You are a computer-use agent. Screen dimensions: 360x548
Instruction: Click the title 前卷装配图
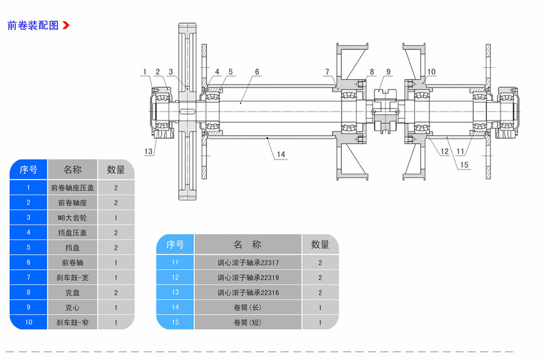[33, 26]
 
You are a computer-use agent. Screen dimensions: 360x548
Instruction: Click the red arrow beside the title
[66, 26]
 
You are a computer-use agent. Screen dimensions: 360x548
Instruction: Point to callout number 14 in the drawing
[281, 154]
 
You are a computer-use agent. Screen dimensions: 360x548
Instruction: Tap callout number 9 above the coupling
[388, 72]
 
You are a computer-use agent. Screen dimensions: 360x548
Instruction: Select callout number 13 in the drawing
[148, 151]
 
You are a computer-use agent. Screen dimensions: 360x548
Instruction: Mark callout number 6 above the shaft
[257, 72]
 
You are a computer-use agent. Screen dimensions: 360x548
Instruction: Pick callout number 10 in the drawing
[431, 72]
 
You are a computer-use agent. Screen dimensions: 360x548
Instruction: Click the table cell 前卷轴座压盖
[72, 188]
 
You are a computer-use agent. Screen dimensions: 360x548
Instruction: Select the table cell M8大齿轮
[72, 217]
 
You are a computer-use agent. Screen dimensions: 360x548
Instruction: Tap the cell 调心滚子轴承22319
[248, 277]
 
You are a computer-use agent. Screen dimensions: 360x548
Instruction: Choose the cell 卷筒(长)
[248, 308]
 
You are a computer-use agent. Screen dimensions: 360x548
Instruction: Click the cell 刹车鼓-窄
[72, 322]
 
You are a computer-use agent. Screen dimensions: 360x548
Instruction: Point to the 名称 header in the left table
[72, 169]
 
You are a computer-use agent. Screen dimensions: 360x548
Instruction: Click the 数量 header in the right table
[320, 244]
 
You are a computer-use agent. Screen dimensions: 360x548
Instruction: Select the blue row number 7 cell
[29, 277]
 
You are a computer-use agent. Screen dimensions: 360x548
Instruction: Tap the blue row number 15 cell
[175, 322]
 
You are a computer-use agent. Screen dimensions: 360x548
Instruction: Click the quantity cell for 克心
[116, 308]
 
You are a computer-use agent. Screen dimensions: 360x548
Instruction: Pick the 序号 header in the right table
[175, 244]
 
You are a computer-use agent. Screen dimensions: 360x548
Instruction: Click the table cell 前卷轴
[72, 263]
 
